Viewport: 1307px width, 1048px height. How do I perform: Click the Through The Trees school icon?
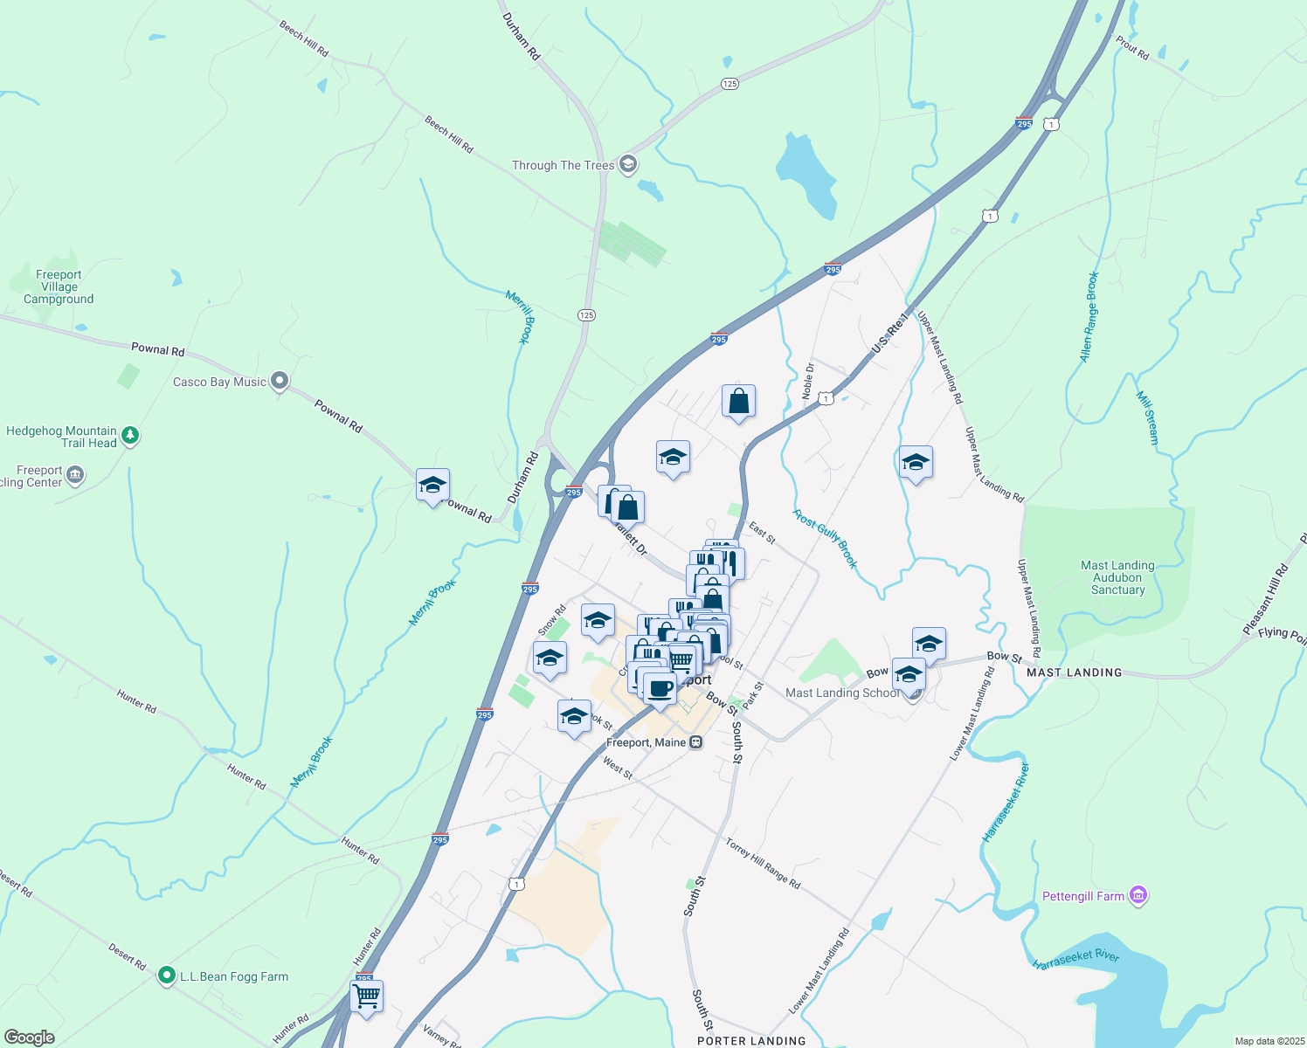(627, 164)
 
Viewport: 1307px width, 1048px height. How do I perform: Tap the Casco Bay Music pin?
(280, 381)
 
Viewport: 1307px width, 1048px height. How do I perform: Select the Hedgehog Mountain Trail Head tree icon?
(130, 435)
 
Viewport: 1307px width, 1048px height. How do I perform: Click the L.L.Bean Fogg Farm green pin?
(166, 976)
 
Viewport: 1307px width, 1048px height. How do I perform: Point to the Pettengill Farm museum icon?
(1138, 895)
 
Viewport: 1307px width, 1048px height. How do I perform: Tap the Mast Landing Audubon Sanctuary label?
(1117, 577)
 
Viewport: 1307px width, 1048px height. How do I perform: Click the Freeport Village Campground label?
(59, 286)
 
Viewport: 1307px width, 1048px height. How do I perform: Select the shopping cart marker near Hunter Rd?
(366, 996)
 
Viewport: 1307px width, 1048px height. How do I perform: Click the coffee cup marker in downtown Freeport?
(660, 688)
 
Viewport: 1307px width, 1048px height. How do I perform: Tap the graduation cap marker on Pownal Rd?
(432, 486)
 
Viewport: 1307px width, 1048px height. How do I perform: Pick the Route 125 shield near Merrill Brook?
(586, 314)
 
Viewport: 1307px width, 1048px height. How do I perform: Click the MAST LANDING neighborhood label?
(1074, 672)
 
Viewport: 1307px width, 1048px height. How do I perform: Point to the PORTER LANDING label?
(751, 1040)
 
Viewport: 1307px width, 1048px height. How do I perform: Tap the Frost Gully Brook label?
(826, 539)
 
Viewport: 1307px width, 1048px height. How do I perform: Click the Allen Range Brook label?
(1089, 316)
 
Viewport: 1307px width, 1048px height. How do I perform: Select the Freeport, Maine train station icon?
(695, 742)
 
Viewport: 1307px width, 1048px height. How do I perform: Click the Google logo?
(30, 1037)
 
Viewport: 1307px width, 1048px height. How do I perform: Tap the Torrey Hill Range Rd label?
(763, 863)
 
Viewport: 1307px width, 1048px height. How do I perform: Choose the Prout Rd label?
(1132, 47)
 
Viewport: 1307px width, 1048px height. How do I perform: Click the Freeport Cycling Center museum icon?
(75, 475)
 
